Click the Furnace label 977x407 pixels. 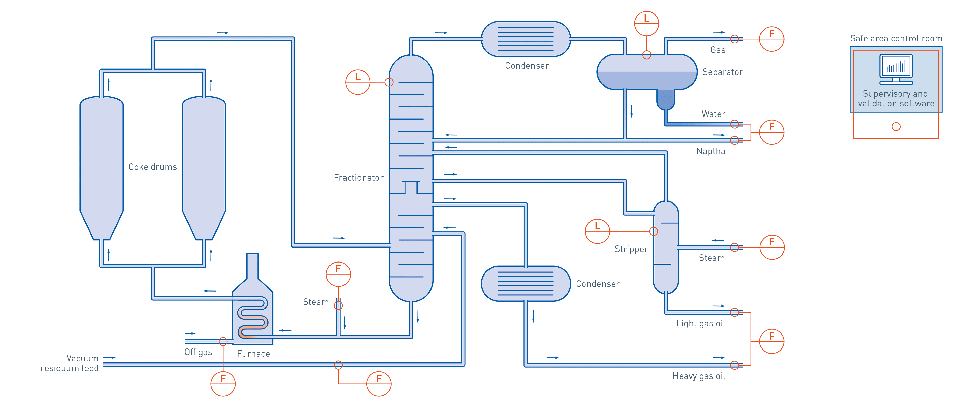point(253,354)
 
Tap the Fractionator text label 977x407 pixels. point(358,178)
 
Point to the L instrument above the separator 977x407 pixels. point(647,23)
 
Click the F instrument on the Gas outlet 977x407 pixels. point(771,39)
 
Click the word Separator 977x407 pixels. point(722,72)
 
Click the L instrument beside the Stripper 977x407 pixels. point(597,231)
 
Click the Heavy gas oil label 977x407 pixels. point(699,376)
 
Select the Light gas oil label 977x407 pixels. point(700,324)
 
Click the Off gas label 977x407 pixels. point(198,352)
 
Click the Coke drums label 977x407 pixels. point(152,167)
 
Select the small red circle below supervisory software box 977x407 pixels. point(896,127)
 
